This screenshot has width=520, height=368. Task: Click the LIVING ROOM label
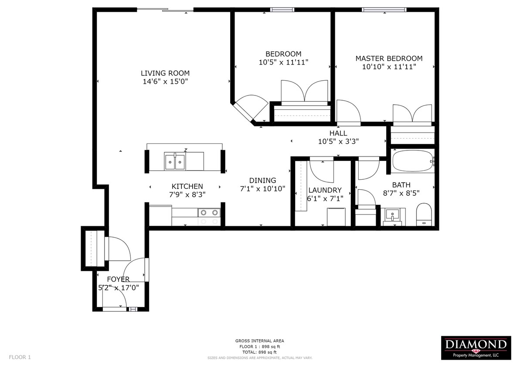tap(165, 73)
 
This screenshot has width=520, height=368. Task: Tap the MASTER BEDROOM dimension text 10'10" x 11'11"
tap(389, 67)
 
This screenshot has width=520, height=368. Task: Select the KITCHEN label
tap(187, 186)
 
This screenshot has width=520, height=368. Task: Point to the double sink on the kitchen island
tap(175, 162)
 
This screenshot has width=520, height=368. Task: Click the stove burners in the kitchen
tap(208, 213)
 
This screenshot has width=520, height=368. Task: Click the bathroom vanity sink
tap(394, 215)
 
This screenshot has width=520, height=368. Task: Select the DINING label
tap(262, 180)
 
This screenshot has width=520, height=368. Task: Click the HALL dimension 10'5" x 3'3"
tap(338, 141)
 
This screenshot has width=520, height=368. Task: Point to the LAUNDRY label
tap(325, 190)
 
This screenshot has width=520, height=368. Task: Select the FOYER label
tap(118, 279)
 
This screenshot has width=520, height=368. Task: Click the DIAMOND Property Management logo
tap(476, 348)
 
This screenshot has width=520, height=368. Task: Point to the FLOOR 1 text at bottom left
tap(20, 358)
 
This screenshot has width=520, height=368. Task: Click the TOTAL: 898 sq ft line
tap(260, 352)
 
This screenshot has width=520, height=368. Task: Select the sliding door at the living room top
tap(165, 10)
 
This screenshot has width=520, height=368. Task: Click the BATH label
tap(401, 185)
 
